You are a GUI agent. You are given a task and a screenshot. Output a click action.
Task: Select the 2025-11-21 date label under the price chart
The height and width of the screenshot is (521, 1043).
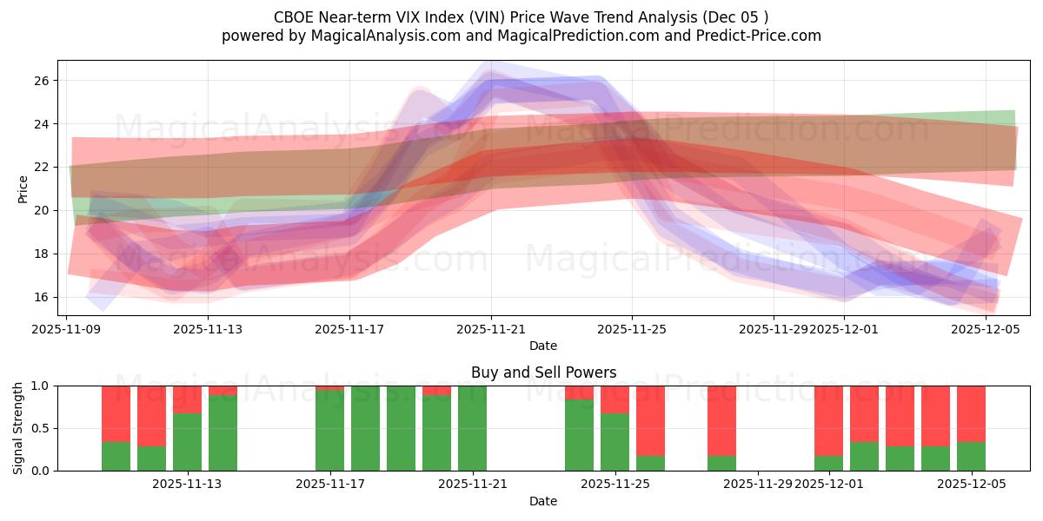(x=491, y=329)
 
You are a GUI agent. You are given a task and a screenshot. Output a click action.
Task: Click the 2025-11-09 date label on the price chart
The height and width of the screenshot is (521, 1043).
(x=67, y=329)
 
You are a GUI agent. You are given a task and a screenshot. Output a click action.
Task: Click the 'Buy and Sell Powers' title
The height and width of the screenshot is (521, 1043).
(x=543, y=373)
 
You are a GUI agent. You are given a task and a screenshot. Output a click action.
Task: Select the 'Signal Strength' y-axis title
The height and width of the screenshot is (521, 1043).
(x=18, y=428)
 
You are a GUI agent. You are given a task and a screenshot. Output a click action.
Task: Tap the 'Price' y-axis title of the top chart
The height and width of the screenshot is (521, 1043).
(x=23, y=188)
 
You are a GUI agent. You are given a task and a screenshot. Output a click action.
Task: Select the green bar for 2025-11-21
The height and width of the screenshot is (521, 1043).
(x=472, y=428)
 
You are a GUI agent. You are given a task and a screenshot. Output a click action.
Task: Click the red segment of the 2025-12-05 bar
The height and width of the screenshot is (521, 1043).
(x=971, y=413)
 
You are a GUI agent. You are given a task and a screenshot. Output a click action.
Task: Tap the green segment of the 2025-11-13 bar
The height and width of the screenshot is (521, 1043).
(x=187, y=442)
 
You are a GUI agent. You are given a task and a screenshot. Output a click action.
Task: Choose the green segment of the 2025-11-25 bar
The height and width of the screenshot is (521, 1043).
(x=615, y=442)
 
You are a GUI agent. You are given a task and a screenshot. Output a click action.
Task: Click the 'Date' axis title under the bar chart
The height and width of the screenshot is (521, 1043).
(x=543, y=501)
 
